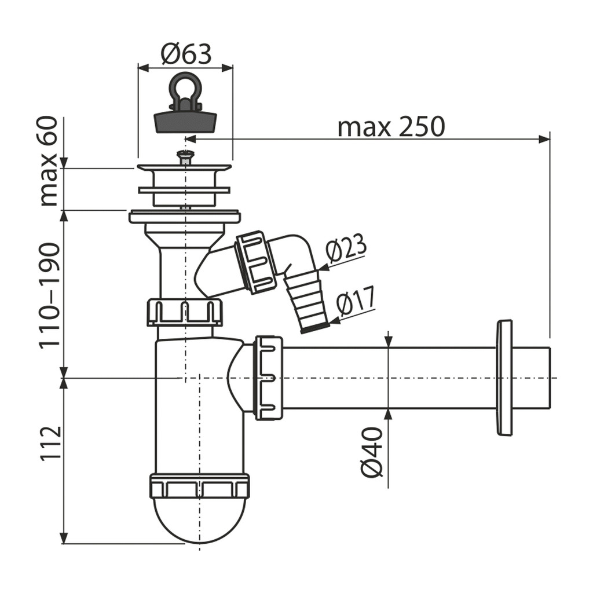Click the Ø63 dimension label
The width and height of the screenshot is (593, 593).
[186, 54]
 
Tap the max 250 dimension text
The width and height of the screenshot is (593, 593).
[391, 127]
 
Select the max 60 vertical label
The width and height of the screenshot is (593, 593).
[50, 161]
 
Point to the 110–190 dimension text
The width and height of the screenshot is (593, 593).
[50, 295]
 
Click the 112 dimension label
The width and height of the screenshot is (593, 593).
[50, 444]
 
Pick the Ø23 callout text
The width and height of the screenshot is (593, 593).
[346, 248]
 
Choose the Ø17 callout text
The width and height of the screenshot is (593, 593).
[356, 302]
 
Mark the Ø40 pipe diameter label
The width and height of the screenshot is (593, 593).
[372, 452]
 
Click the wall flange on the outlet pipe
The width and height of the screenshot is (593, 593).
[504, 377]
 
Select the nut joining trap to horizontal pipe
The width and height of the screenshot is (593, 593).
[268, 377]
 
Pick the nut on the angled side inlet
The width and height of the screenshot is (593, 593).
[255, 262]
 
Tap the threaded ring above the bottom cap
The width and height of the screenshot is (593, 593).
[199, 486]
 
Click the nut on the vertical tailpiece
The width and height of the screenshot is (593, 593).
[185, 312]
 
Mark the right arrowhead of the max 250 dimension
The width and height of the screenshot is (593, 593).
[544, 139]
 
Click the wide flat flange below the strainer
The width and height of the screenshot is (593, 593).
[185, 217]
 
